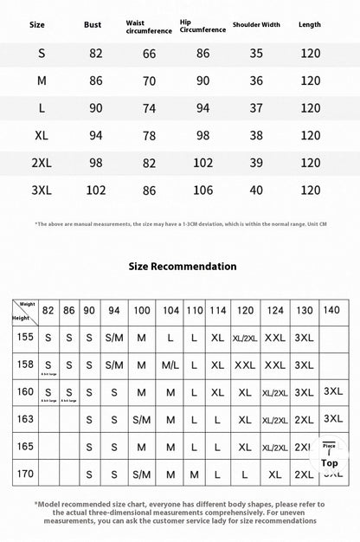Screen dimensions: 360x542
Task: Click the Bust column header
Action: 93,25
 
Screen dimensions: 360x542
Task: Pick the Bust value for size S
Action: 95,53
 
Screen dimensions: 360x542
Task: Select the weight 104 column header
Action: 170,310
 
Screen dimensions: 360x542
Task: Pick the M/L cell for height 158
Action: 170,365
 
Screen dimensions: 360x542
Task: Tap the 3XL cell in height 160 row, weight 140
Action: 332,391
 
